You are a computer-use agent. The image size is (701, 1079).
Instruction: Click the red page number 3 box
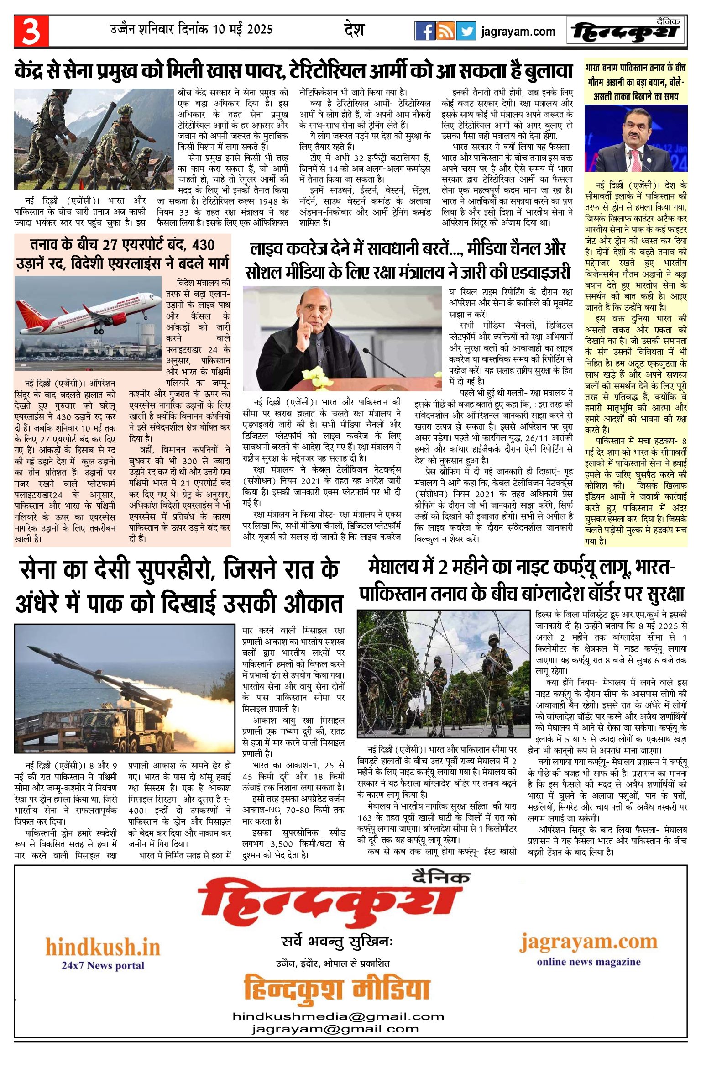[31, 31]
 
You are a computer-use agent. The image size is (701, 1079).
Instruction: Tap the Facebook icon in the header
[424, 31]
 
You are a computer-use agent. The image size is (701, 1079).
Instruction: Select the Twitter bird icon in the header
[466, 31]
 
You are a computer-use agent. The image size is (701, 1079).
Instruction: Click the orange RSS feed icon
[445, 31]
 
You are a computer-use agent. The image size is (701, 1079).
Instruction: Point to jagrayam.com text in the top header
[518, 32]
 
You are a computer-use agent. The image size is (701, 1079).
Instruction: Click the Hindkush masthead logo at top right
[626, 31]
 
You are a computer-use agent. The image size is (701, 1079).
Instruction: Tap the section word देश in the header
[354, 30]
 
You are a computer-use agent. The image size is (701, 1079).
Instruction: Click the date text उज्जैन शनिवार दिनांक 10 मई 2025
[191, 30]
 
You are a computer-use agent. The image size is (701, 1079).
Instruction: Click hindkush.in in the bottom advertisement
[103, 947]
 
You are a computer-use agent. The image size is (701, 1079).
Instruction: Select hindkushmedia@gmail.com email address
[338, 1016]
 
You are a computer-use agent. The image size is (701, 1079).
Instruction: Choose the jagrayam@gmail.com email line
[335, 1029]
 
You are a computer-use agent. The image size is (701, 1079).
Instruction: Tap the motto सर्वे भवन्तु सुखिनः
[337, 942]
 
